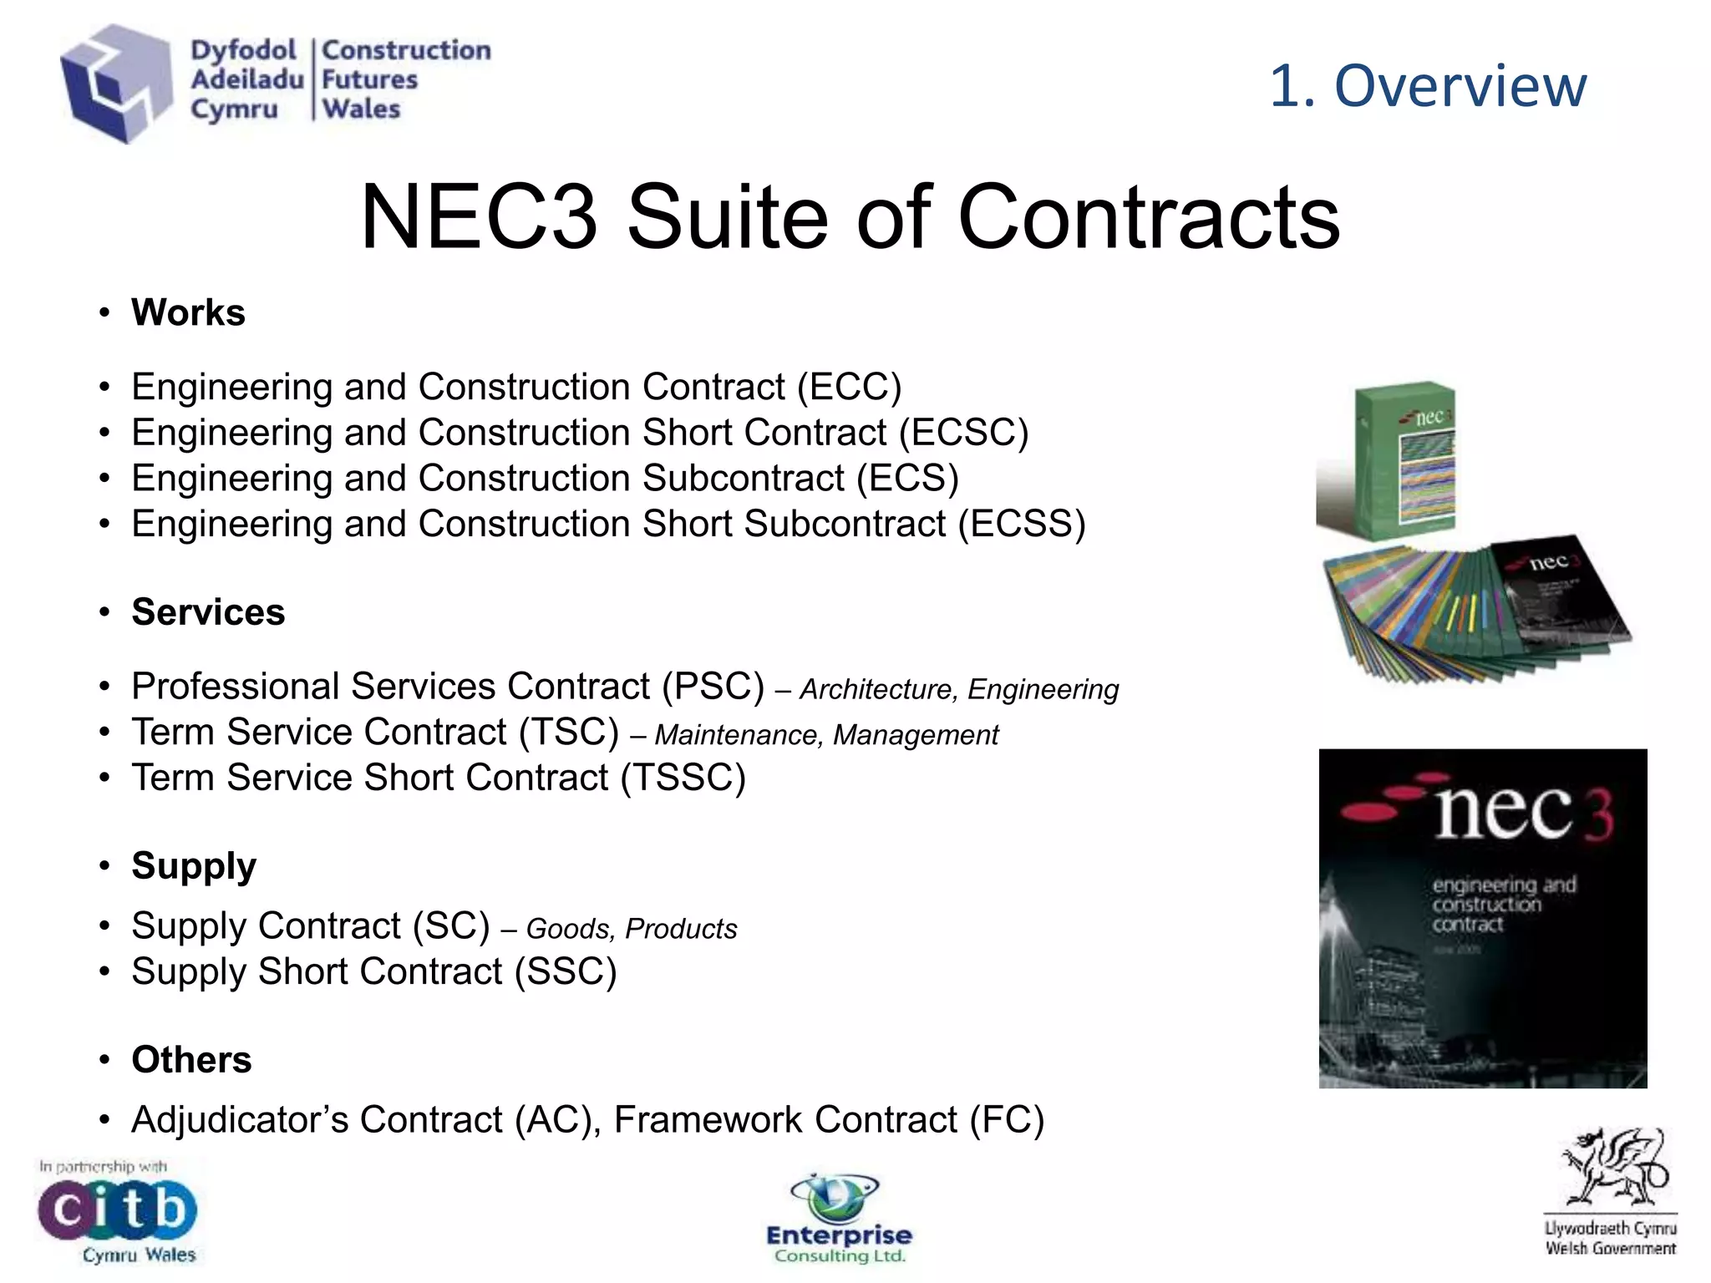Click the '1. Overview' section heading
[x=1427, y=86]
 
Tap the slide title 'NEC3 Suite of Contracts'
[x=850, y=217]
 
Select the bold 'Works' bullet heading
[x=188, y=313]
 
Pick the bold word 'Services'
[x=208, y=612]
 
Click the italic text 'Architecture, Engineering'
[x=959, y=690]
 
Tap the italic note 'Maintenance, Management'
[x=826, y=735]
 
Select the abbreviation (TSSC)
[x=683, y=778]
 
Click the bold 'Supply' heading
[x=194, y=866]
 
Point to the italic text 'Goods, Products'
[x=632, y=929]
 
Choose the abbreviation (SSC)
[x=566, y=972]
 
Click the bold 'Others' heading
[x=191, y=1060]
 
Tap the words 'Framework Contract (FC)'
[x=829, y=1120]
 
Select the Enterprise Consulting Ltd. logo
[x=839, y=1220]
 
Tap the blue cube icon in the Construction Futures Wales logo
[x=116, y=82]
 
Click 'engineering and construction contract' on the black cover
[x=1501, y=905]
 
